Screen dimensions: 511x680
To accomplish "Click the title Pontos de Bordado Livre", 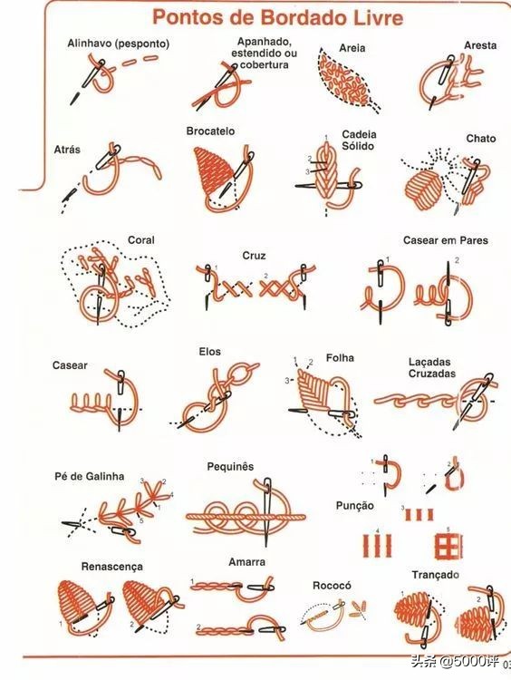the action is [x=278, y=18].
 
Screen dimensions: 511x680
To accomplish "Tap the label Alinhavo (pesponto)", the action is [x=119, y=44].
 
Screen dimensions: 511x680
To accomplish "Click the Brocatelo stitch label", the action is [x=210, y=131].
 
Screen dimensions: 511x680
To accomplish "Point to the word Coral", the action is [x=140, y=240].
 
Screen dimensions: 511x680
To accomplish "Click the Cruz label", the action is [x=254, y=256].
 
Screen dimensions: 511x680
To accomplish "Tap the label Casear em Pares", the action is [x=446, y=240].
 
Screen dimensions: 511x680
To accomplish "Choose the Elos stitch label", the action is [x=210, y=351].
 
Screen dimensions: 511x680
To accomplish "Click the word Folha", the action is [x=340, y=358].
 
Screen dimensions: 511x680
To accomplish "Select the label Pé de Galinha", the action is [x=90, y=476].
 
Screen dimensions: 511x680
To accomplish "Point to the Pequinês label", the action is [x=230, y=467].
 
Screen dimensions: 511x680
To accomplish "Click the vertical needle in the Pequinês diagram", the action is [x=267, y=510].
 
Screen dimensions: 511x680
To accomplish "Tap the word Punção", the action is [x=354, y=506].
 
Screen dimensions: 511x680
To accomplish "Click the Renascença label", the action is [x=111, y=567].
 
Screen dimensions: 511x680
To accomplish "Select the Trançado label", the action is [x=435, y=575].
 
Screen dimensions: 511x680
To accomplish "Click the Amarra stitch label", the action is [x=246, y=562].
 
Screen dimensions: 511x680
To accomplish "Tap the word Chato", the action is [x=481, y=139].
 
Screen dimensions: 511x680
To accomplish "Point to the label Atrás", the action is [x=67, y=150].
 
